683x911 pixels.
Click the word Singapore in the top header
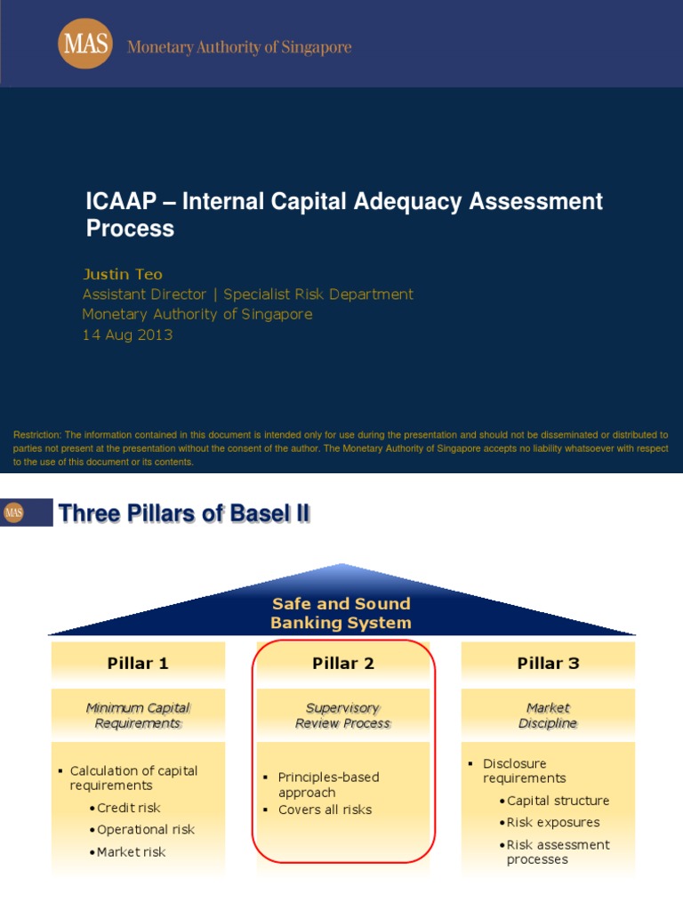click(312, 47)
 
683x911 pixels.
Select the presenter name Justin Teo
click(123, 274)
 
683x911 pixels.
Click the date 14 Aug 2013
click(127, 335)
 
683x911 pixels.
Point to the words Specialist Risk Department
click(318, 294)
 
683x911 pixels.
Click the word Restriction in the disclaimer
click(37, 435)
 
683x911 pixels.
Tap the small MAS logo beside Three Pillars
click(13, 512)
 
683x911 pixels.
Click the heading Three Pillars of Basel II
click(184, 513)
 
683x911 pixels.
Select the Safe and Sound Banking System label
click(341, 613)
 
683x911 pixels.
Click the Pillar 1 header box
click(138, 663)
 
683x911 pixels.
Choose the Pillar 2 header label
click(342, 663)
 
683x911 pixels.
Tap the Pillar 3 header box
click(548, 663)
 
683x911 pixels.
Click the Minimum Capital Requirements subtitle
click(138, 715)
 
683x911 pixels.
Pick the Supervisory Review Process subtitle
click(342, 715)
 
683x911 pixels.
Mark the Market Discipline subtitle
click(548, 715)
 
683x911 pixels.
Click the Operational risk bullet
click(146, 829)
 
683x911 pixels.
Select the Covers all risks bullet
click(325, 810)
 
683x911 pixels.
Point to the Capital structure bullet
click(558, 801)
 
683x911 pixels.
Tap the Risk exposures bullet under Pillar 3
click(553, 822)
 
